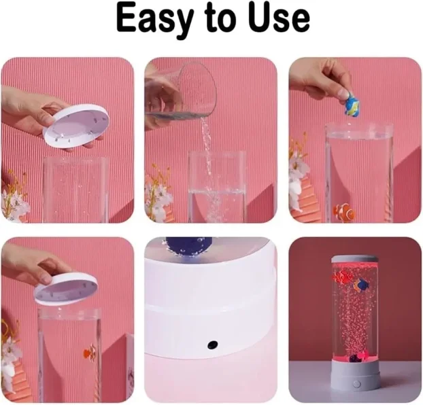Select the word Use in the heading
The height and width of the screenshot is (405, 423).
[x=280, y=18]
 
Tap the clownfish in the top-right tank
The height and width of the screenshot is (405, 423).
[x=345, y=211]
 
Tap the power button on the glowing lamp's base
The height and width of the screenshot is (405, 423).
[x=356, y=383]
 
